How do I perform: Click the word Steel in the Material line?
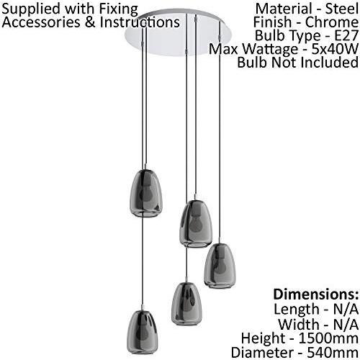[x=341, y=9]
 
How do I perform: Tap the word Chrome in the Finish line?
[x=332, y=22]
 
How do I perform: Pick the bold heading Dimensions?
[x=316, y=294]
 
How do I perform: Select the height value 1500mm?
[x=328, y=338]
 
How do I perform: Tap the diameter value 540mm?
[x=333, y=353]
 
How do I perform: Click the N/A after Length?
[x=346, y=309]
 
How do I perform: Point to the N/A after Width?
[x=346, y=324]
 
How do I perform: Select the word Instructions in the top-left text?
[x=140, y=22]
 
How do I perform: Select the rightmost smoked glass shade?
[x=220, y=266]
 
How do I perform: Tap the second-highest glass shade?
[x=196, y=224]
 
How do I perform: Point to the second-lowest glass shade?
[x=186, y=304]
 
